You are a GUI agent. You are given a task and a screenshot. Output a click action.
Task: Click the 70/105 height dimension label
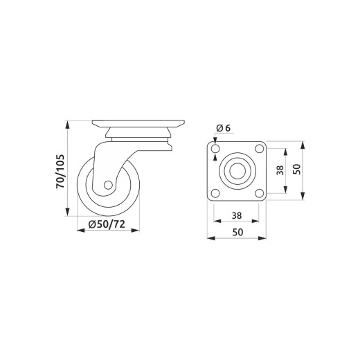[60, 171]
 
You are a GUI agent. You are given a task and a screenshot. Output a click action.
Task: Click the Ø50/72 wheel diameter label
[107, 224]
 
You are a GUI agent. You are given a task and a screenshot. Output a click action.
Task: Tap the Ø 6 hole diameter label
[224, 128]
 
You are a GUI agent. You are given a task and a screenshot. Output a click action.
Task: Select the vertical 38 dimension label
[280, 170]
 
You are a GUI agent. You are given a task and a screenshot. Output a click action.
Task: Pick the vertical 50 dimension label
[297, 169]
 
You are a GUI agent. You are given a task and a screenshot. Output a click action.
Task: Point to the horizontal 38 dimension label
[237, 216]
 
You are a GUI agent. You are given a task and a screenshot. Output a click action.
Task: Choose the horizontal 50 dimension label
[237, 232]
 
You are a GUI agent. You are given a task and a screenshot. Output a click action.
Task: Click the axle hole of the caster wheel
[108, 185]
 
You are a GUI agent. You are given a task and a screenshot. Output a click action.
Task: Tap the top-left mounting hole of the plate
[215, 149]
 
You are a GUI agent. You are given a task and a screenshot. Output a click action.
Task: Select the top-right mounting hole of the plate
[260, 148]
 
